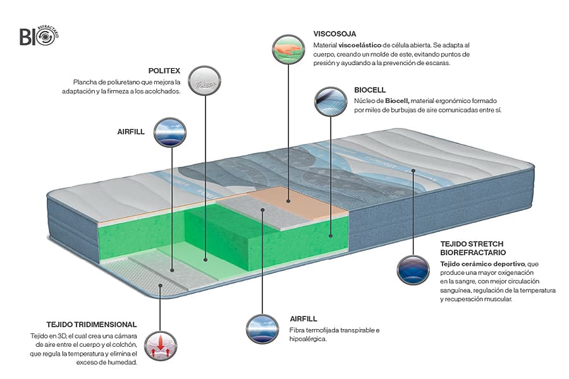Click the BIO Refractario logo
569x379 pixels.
[x=39, y=35]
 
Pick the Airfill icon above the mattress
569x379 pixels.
[x=170, y=132]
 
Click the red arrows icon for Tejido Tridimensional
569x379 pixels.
[x=161, y=346]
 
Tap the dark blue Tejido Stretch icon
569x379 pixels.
[x=413, y=270]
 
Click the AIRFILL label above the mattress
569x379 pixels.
[x=131, y=132]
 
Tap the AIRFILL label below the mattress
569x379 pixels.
[x=303, y=318]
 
